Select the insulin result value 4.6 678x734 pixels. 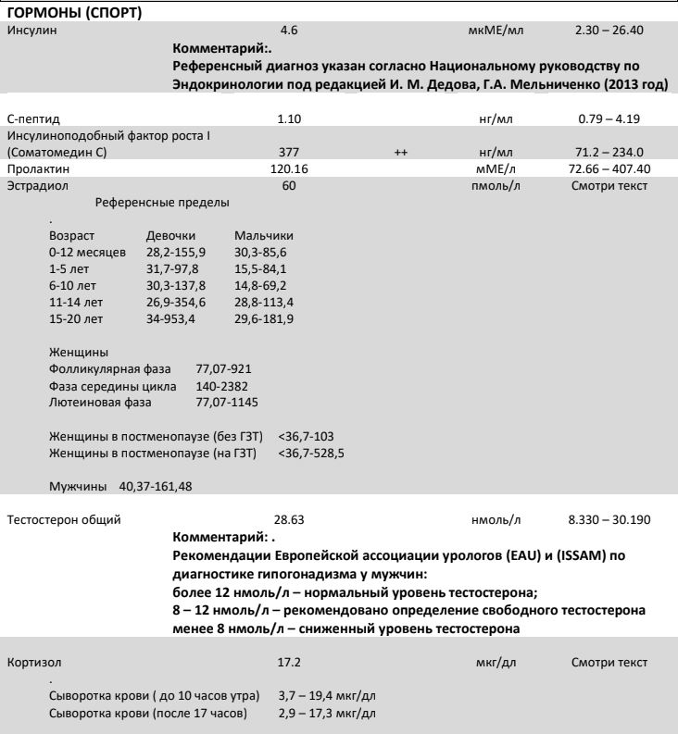pyautogui.click(x=287, y=31)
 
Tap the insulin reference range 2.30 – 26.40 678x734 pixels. pyautogui.click(x=610, y=31)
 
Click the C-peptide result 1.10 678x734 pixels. pyautogui.click(x=288, y=118)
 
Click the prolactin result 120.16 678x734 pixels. pyautogui.click(x=287, y=169)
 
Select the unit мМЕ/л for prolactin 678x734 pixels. pyautogui.click(x=490, y=169)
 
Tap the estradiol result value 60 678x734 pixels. pyautogui.click(x=287, y=186)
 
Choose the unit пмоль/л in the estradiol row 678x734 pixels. pyautogui.click(x=491, y=186)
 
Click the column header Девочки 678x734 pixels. pyautogui.click(x=170, y=236)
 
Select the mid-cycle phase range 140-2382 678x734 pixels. pyautogui.click(x=221, y=385)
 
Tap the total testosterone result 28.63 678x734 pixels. pyautogui.click(x=288, y=519)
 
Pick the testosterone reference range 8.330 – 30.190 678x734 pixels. pyautogui.click(x=609, y=519)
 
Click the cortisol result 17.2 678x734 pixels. pyautogui.click(x=287, y=663)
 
